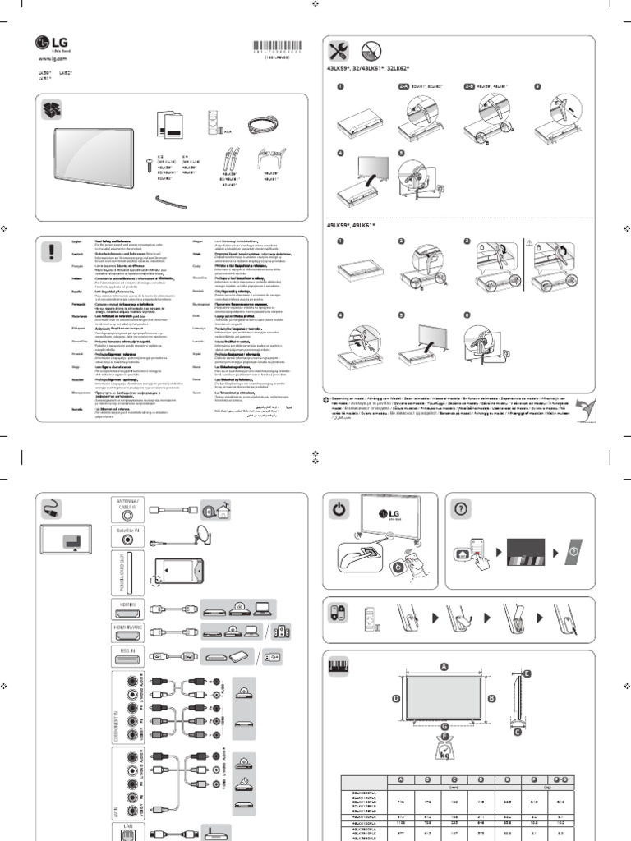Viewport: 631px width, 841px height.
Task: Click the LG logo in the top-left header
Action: tap(48, 44)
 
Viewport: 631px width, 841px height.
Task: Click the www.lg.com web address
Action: tap(52, 60)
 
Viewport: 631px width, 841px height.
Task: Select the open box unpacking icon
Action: tap(52, 109)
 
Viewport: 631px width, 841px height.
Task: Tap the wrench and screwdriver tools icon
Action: tap(338, 51)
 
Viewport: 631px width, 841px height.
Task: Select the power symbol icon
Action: tap(339, 509)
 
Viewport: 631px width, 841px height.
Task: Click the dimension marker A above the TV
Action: tap(444, 667)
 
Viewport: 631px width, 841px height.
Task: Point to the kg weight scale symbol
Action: tap(444, 753)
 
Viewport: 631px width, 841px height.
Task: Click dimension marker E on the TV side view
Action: tap(527, 673)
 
